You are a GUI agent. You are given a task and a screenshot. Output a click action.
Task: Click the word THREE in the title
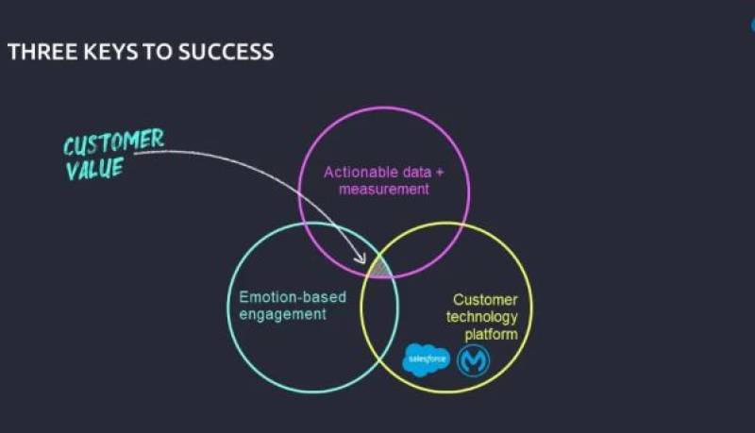click(x=37, y=52)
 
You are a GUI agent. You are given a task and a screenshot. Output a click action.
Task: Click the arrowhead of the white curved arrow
click(x=364, y=258)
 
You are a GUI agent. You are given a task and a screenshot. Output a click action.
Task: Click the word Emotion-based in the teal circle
click(x=292, y=298)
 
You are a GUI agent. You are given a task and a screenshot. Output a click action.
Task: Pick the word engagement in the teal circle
click(x=282, y=315)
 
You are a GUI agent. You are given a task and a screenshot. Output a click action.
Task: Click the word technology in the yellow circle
click(x=481, y=318)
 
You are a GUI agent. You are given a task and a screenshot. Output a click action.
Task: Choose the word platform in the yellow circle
click(x=490, y=335)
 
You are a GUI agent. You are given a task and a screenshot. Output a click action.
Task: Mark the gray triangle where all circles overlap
click(x=379, y=269)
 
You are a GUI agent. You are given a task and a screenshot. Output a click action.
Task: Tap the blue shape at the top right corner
click(x=752, y=25)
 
